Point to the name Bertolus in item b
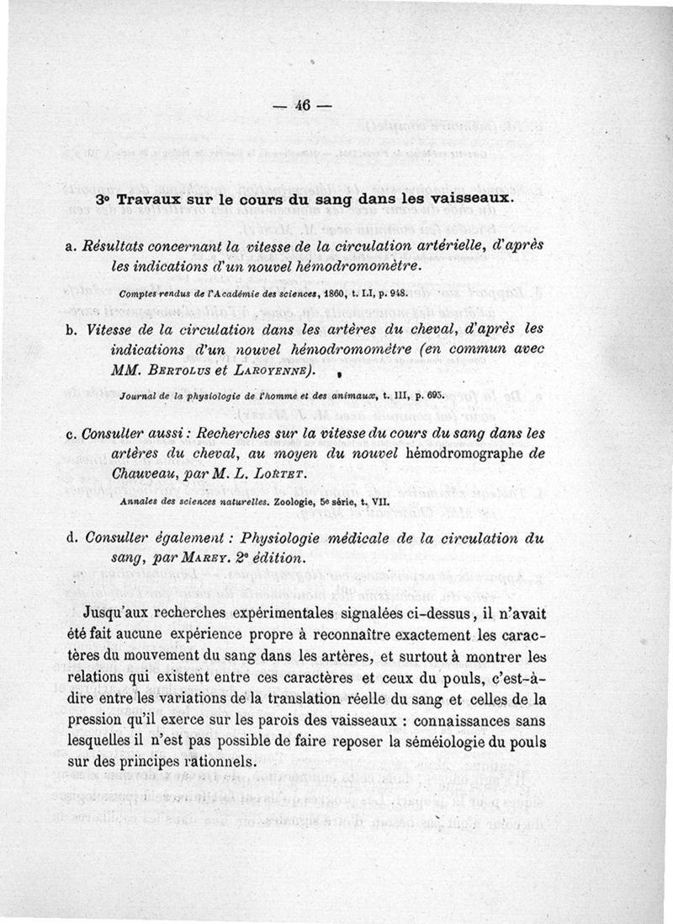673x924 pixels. (178, 370)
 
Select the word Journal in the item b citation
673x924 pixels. (138, 394)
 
